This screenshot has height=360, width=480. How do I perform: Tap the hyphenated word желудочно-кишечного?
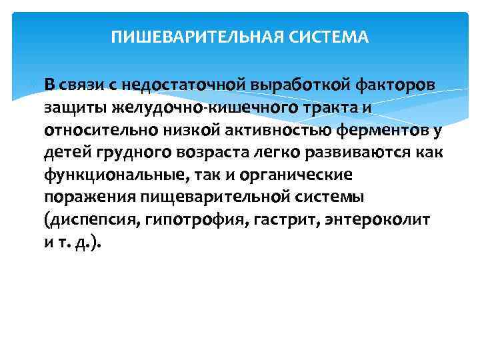187,107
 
